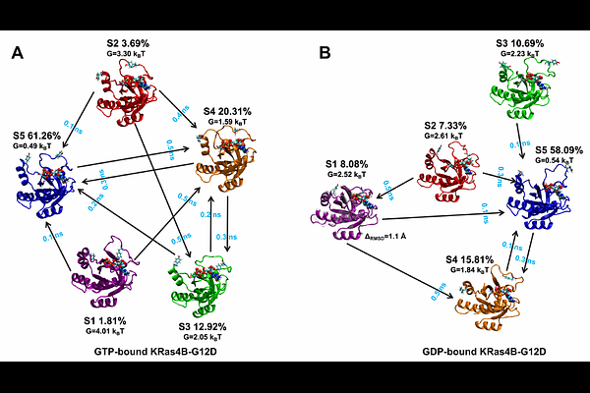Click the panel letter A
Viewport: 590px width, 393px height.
[x=18, y=54]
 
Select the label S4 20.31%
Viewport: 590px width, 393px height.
[x=237, y=111]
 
